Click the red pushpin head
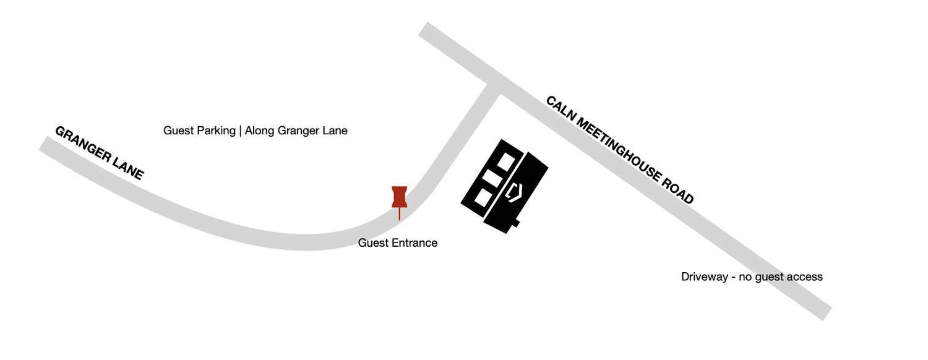coord(400,197)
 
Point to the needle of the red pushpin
coord(400,214)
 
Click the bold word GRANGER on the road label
coord(84,144)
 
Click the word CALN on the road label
coord(561,108)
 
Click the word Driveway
coord(704,276)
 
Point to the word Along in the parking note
coord(259,131)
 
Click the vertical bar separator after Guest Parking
coord(240,131)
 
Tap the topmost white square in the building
coord(506,161)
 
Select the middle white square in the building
coord(492,178)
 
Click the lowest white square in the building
coord(481,197)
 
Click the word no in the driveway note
coord(745,277)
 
